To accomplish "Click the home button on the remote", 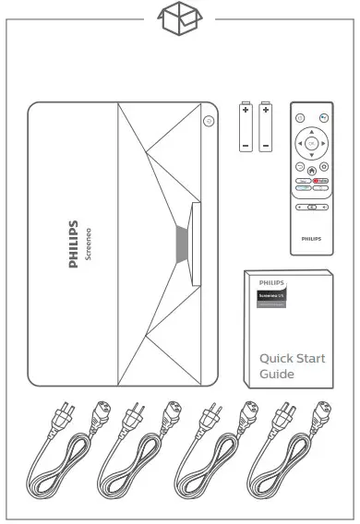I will [312, 170].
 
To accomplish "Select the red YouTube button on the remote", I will [319, 181].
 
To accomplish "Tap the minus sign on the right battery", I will [267, 145].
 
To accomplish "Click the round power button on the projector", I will [209, 120].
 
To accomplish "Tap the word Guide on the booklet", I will [277, 375].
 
